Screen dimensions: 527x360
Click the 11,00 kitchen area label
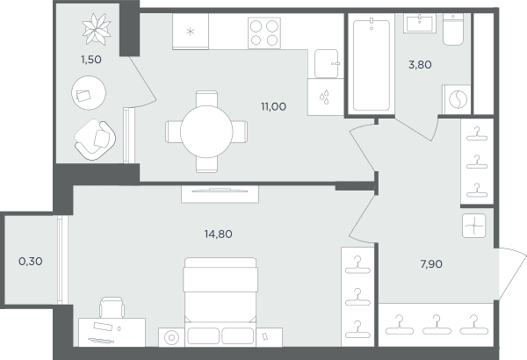point(273,107)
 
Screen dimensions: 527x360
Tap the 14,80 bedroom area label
point(218,234)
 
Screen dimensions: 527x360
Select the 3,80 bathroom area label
point(420,65)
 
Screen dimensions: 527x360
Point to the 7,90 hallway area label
point(431,264)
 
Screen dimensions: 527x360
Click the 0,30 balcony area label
point(31,261)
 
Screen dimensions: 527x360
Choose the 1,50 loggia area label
point(90,60)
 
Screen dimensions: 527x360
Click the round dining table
point(206,132)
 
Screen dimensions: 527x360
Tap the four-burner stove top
point(264,33)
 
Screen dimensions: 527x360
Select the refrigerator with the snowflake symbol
point(191,32)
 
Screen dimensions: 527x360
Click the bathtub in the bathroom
point(372,65)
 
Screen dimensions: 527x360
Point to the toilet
point(452,29)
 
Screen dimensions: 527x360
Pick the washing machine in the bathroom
point(457,99)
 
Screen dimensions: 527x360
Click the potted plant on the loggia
point(97,29)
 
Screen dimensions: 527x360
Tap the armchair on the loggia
point(95,140)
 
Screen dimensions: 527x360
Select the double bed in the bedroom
point(220,302)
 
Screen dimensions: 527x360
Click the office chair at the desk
point(112,307)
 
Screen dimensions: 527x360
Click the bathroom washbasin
point(420,23)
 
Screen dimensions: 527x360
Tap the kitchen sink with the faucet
point(327,63)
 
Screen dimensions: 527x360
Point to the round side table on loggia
point(89,93)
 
